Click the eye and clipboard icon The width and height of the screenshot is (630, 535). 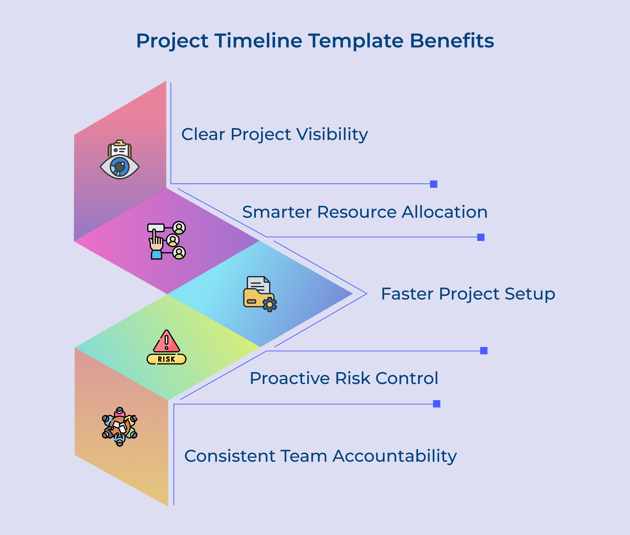[x=120, y=160]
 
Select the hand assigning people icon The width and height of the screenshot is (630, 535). [x=166, y=240]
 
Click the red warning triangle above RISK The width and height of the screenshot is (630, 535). [x=166, y=341]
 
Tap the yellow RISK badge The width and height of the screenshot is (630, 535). [x=166, y=359]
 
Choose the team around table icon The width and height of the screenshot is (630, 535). [x=120, y=426]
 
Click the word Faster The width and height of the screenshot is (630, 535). [x=407, y=294]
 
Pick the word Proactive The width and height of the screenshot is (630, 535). [x=289, y=378]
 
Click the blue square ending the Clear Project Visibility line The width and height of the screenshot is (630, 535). [x=434, y=184]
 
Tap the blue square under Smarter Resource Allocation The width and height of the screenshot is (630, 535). [x=481, y=237]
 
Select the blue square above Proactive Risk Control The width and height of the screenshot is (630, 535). [x=484, y=351]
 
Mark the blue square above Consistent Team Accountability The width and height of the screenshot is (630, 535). [x=437, y=404]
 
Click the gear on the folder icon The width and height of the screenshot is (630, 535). [x=270, y=305]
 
